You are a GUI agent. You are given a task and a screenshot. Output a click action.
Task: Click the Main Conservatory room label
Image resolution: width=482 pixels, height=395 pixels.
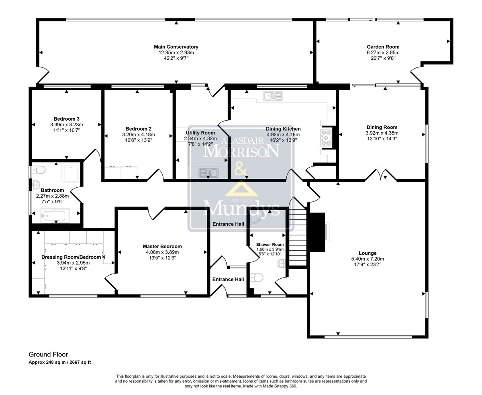pos(176,47)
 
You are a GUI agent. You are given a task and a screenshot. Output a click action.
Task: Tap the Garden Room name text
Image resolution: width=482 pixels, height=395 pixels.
pos(383,47)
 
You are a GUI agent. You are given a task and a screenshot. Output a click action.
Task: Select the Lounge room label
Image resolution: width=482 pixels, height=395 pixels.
pos(368,253)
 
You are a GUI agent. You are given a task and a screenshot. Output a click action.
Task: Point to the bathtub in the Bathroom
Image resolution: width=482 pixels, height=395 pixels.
pos(55,216)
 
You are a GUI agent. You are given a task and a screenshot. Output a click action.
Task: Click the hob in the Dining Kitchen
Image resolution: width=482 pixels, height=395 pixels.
pos(326,138)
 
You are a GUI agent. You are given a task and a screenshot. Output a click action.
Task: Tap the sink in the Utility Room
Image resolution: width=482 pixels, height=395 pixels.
pos(208,173)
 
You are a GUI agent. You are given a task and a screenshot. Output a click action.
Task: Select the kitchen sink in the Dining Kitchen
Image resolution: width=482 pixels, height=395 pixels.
pos(273,96)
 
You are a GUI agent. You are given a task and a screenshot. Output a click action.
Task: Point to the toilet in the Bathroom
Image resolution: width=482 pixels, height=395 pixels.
pos(39,170)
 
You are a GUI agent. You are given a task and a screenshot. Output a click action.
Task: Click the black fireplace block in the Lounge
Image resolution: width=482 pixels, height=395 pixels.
pos(317,232)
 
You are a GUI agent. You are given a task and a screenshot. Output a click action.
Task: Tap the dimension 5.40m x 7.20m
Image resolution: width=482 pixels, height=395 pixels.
pos(368,259)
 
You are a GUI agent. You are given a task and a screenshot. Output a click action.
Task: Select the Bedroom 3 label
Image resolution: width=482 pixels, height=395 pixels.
pos(67,119)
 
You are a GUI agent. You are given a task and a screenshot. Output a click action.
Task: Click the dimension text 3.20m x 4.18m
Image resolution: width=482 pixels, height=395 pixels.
pos(138,134)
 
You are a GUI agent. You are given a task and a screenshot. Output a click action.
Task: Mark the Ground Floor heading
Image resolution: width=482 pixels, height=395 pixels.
pos(48,354)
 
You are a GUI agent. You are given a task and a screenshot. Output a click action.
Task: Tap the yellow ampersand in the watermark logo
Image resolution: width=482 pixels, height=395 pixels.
pos(241,169)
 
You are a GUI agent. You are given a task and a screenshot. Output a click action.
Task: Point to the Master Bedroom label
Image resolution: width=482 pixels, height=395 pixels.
pos(162,247)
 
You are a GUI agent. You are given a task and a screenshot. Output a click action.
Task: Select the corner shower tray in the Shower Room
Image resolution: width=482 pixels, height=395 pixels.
pos(257,218)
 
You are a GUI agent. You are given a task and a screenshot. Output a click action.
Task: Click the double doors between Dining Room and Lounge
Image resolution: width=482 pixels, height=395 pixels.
pos(380,175)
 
